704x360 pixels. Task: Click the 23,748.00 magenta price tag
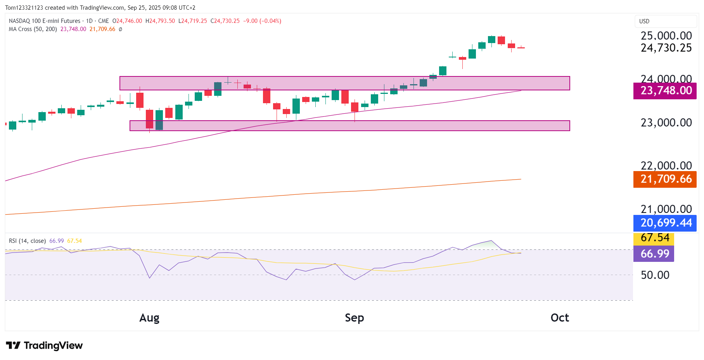(x=666, y=91)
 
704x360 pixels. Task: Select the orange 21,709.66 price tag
(x=666, y=179)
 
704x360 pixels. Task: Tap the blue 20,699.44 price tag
(x=666, y=223)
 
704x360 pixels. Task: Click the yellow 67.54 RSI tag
(x=654, y=238)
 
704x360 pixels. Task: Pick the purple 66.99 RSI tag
(x=654, y=254)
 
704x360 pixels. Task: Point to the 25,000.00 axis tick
(x=666, y=36)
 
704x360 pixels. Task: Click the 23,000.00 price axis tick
(x=666, y=123)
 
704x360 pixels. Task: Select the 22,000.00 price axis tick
(x=666, y=166)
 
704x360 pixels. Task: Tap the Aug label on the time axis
(x=149, y=318)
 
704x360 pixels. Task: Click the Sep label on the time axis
(x=354, y=318)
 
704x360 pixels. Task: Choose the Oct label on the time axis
(x=560, y=318)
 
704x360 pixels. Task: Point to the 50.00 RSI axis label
(x=655, y=275)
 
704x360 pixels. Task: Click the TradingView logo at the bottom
(x=44, y=345)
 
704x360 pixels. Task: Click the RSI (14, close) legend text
(x=27, y=241)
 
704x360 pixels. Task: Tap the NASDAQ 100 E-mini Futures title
(x=45, y=21)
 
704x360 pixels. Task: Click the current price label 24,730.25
(x=666, y=48)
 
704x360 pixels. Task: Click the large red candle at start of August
(x=149, y=119)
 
